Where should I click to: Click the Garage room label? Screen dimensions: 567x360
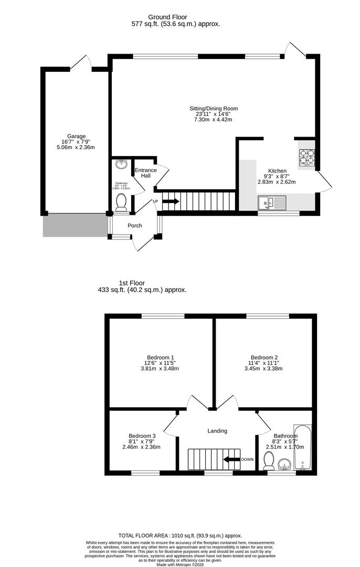click(x=76, y=136)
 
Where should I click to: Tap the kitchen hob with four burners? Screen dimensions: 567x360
click(x=306, y=156)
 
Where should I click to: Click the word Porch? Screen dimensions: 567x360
click(x=135, y=226)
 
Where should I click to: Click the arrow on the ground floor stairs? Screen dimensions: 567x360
click(x=171, y=201)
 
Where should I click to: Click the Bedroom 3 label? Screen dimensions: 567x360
click(x=142, y=436)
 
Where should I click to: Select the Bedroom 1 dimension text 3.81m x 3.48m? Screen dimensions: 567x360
click(x=160, y=369)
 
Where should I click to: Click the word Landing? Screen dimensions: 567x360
click(x=217, y=431)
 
